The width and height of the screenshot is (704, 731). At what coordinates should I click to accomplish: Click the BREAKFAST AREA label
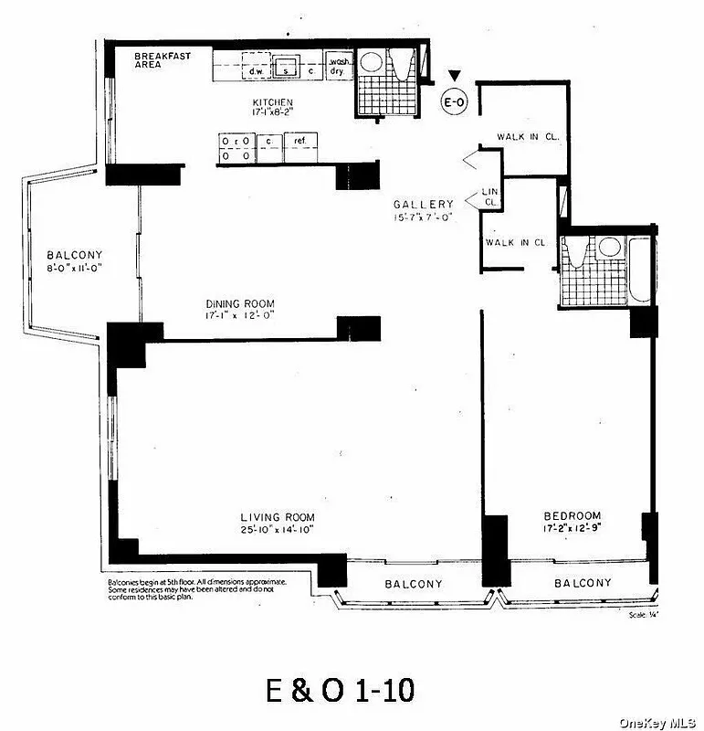(163, 61)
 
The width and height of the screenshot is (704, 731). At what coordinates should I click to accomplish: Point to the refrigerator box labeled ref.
(297, 142)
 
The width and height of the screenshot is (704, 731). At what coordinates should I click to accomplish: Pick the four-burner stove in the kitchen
(235, 148)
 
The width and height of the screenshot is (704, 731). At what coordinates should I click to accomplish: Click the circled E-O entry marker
(454, 102)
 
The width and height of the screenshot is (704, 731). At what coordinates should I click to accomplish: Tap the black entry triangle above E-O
(454, 78)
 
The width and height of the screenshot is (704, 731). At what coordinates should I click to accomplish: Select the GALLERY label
(423, 204)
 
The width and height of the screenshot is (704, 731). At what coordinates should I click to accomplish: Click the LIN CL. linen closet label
(489, 196)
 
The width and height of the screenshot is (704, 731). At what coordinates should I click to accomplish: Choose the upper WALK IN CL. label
(526, 137)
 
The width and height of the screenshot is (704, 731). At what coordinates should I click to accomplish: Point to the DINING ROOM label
(239, 304)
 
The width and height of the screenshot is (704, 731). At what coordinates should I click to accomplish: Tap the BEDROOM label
(571, 515)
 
